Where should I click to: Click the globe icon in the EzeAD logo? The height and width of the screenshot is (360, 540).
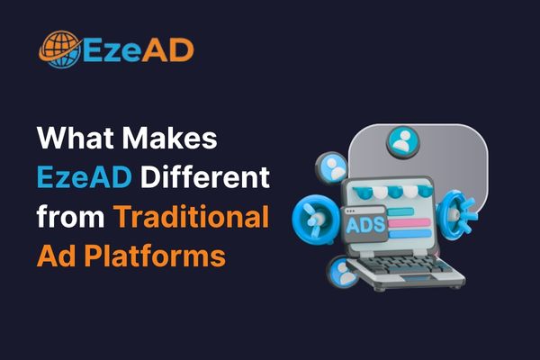pos(58,49)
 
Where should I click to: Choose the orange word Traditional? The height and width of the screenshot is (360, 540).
pos(192,216)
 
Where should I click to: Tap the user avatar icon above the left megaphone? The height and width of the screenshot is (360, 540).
pos(334,167)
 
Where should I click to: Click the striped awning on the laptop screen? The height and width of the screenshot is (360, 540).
pos(396,191)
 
